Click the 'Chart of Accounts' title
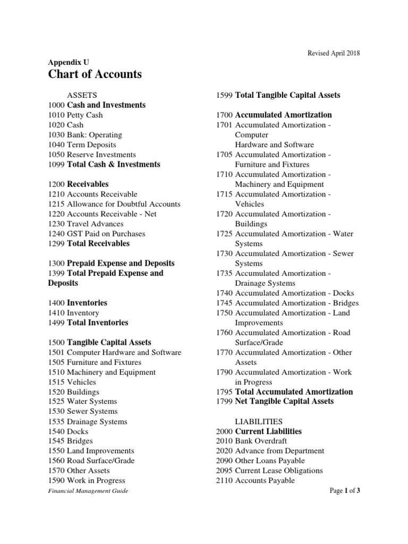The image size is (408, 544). pyautogui.click(x=95, y=74)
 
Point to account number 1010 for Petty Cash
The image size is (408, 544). pyautogui.click(x=56, y=115)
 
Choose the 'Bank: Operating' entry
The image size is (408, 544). pyautogui.click(x=94, y=135)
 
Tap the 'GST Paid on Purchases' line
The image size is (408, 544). pyautogui.click(x=106, y=234)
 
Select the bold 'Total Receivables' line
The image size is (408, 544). pyautogui.click(x=98, y=244)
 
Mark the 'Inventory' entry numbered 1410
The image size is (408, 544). pyautogui.click(x=83, y=313)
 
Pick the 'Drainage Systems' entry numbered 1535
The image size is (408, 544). pyautogui.click(x=97, y=422)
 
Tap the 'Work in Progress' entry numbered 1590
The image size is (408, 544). pyautogui.click(x=96, y=481)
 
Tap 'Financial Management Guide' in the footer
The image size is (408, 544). pyautogui.click(x=88, y=491)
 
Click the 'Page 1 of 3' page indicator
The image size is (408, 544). pyautogui.click(x=345, y=491)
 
